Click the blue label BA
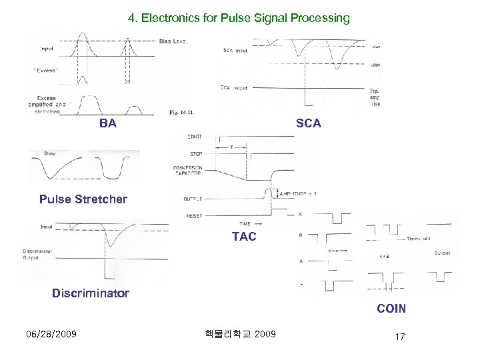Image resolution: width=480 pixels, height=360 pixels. pos(107,123)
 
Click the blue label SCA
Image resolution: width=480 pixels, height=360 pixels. pos(308,123)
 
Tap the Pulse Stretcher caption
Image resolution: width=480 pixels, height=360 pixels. pos(83,199)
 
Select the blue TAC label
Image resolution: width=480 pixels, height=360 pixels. pos(243,237)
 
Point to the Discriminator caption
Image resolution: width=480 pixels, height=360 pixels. pos(91,293)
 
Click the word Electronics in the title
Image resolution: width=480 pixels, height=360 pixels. pos(169,18)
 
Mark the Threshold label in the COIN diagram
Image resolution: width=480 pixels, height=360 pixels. pos(419,239)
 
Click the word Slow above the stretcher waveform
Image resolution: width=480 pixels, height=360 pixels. pos(49,153)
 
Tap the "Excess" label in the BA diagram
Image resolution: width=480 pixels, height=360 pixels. pos(47,70)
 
